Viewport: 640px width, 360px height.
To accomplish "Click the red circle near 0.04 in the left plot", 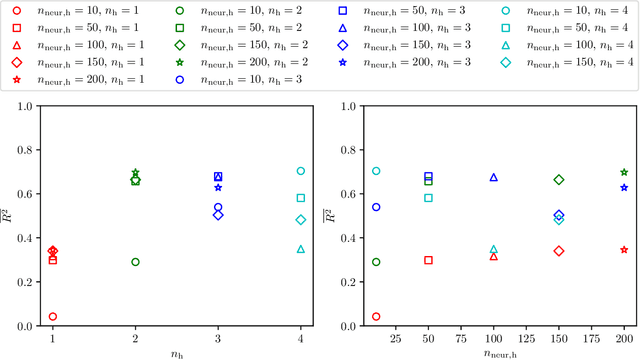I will [x=53, y=316].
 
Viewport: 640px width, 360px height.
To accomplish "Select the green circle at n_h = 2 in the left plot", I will [x=136, y=262].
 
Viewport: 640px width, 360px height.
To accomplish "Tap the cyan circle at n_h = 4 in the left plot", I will [x=301, y=171].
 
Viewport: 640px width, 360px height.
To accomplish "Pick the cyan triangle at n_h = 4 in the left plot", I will [x=301, y=249].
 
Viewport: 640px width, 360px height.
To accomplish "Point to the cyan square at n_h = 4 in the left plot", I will [x=301, y=198].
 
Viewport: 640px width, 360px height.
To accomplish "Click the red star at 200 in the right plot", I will [x=624, y=250].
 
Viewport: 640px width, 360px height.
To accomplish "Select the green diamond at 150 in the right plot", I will [x=559, y=180].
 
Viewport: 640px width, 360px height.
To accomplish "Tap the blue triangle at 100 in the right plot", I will [x=494, y=177].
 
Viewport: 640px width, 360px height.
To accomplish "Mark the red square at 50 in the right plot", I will [x=429, y=260].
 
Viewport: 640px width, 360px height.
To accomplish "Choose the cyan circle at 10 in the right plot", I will [x=376, y=171].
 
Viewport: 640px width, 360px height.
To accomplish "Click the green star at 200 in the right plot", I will [x=624, y=173].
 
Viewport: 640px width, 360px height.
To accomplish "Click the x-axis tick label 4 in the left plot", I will [x=301, y=338].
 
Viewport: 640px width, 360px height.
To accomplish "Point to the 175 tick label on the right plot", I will [x=592, y=338].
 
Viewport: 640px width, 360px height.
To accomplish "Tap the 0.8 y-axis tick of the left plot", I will [x=27, y=150].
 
